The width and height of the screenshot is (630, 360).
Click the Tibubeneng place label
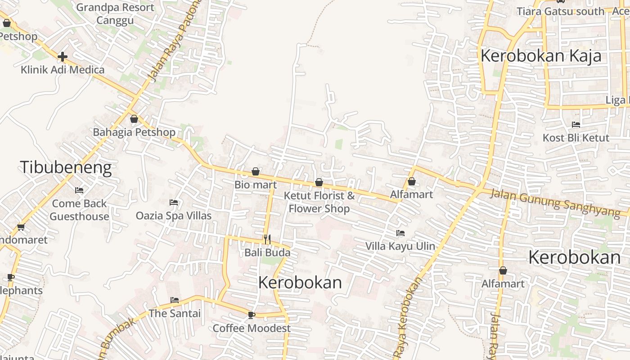[66, 167]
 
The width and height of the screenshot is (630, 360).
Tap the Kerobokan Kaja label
[541, 56]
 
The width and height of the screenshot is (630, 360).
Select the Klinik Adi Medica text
[63, 70]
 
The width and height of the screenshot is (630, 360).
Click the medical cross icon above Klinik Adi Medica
[63, 57]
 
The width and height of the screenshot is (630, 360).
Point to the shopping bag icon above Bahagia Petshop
[134, 119]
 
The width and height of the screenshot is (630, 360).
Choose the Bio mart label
[256, 184]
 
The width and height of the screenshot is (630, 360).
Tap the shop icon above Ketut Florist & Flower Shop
[319, 182]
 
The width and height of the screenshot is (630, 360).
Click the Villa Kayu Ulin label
[400, 246]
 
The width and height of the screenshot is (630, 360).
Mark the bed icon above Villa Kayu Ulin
[400, 233]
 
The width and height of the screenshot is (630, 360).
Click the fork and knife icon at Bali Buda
[267, 239]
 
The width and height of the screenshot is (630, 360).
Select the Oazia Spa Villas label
[174, 216]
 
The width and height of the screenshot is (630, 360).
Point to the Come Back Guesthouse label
[79, 210]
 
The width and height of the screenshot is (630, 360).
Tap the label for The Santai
[175, 313]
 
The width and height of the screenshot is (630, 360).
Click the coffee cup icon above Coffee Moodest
[252, 315]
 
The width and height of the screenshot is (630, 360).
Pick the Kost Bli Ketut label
[576, 138]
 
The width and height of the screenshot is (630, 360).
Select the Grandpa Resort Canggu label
[115, 14]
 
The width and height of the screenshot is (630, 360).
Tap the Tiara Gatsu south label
[560, 11]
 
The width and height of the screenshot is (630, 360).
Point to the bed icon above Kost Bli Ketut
[576, 125]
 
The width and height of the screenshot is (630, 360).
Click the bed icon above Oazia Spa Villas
[174, 202]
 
